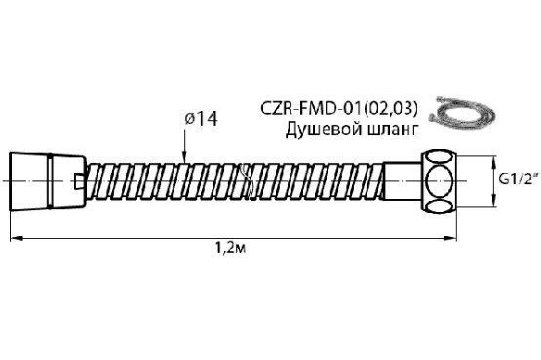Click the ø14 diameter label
[x=201, y=119]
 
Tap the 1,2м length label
[x=230, y=248]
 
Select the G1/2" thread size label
[x=519, y=179]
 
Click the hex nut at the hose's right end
[x=439, y=180]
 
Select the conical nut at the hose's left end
[x=47, y=180]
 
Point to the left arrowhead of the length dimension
[x=16, y=238]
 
